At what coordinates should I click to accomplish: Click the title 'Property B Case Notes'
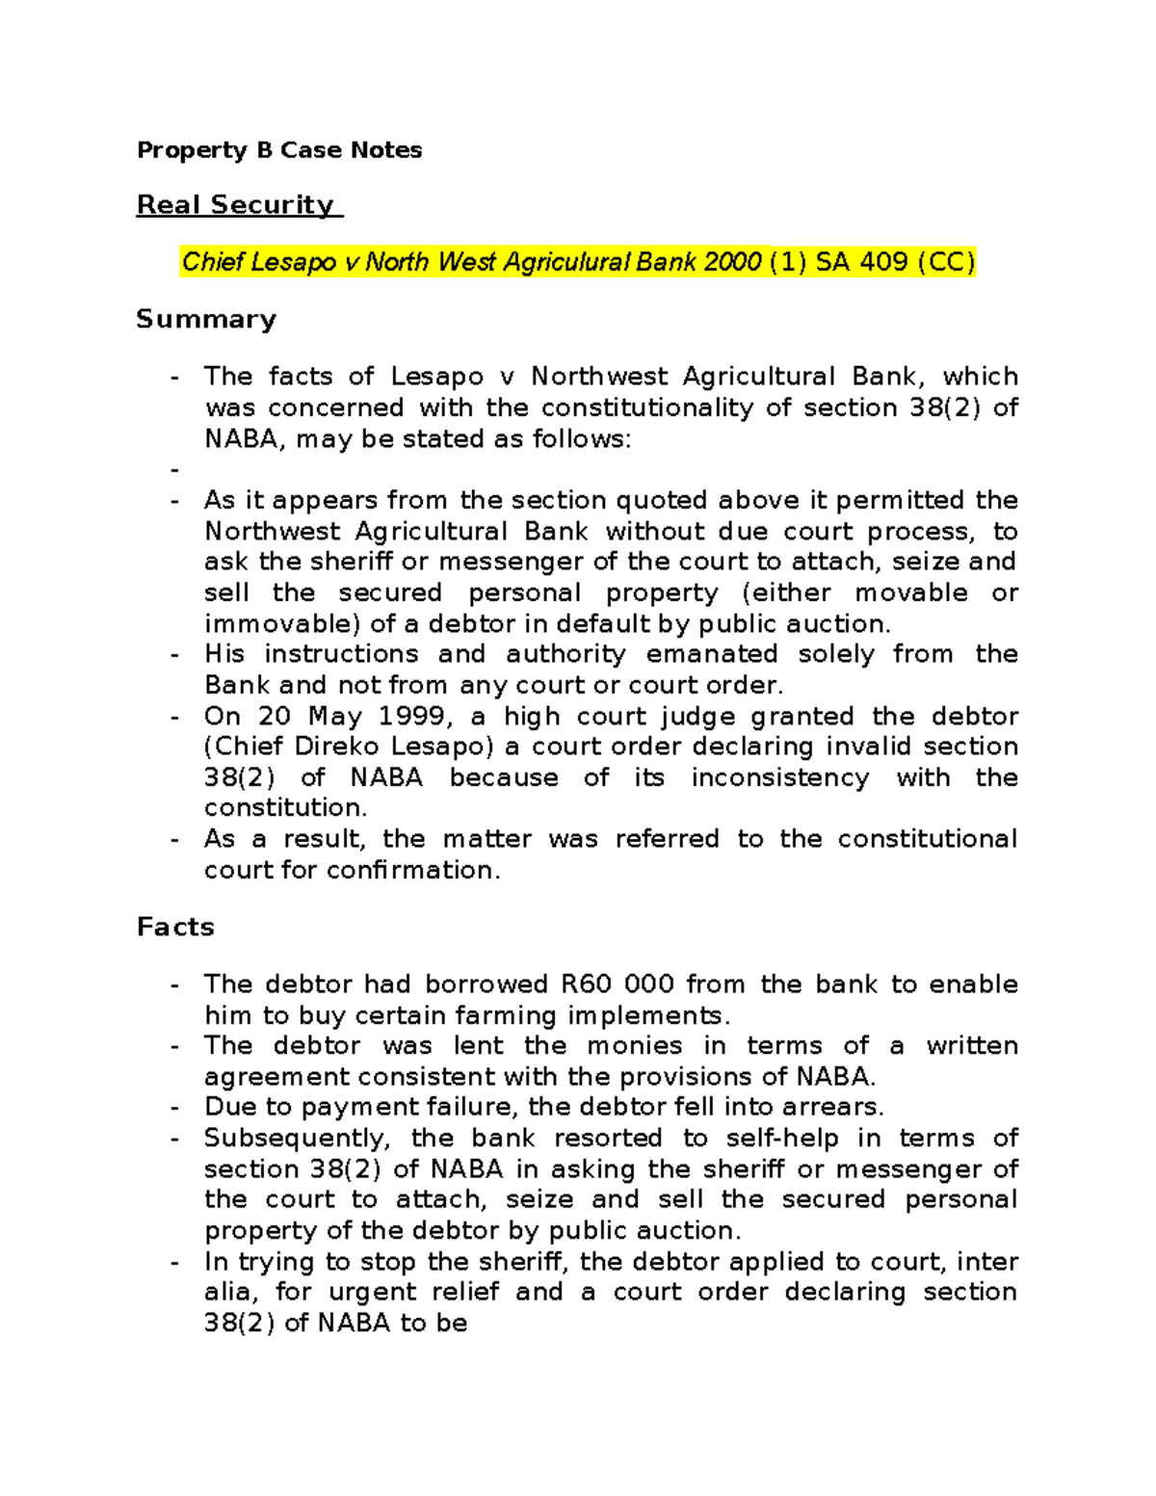click(279, 150)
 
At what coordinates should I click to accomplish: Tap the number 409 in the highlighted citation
click(881, 262)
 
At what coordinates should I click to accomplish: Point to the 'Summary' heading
click(206, 319)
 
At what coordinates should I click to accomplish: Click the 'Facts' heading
click(175, 927)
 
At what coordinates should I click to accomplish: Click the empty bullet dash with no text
click(174, 470)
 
